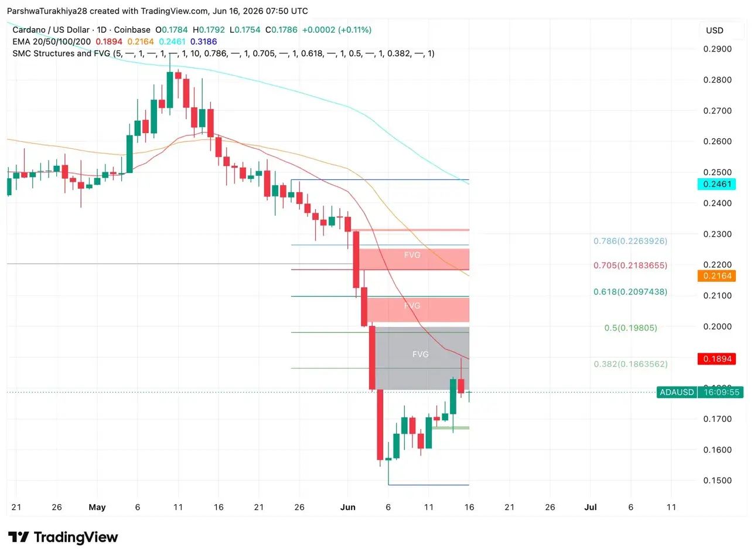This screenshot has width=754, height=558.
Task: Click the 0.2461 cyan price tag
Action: tap(717, 184)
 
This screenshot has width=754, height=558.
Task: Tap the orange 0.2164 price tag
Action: tap(717, 275)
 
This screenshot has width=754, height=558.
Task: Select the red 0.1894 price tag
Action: tap(717, 359)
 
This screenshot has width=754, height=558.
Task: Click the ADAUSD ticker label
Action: tap(677, 392)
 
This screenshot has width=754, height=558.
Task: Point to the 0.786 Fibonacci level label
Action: tap(630, 241)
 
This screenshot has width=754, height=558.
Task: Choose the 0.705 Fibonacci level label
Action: tap(630, 265)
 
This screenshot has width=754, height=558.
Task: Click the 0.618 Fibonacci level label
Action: tap(630, 291)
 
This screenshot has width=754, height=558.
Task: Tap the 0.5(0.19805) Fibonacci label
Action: tap(630, 328)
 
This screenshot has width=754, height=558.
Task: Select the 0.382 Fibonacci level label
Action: tap(630, 364)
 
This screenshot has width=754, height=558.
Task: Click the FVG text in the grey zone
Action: tap(420, 354)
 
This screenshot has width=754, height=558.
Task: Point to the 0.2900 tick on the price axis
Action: tap(717, 49)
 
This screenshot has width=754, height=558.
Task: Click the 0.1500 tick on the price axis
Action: tap(717, 480)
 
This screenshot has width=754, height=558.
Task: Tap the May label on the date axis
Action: tap(97, 507)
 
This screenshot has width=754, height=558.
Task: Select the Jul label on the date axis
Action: tap(590, 507)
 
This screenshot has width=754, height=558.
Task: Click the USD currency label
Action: tap(715, 30)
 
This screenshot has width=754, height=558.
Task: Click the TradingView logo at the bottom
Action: tap(63, 537)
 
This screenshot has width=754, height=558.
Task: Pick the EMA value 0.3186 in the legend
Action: tap(203, 42)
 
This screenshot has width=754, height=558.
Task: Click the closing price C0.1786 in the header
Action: tap(281, 30)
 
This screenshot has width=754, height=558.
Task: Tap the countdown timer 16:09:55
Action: tap(721, 392)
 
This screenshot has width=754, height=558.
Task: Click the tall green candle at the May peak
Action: tap(170, 89)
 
